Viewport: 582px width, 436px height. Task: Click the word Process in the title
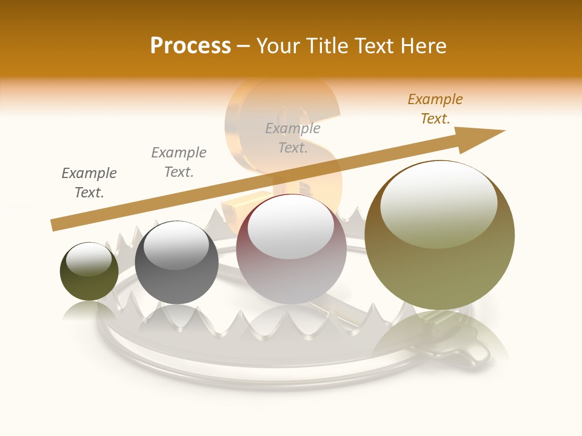click(190, 46)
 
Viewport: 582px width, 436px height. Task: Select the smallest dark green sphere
click(89, 271)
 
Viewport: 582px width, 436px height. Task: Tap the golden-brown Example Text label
click(435, 109)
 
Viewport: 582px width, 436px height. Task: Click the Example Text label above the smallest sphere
click(89, 183)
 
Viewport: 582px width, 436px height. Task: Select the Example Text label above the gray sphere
click(179, 162)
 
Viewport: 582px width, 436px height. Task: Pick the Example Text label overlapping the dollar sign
click(293, 137)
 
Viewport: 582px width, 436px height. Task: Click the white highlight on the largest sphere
click(438, 203)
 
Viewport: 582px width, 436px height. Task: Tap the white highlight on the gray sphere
click(176, 245)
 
